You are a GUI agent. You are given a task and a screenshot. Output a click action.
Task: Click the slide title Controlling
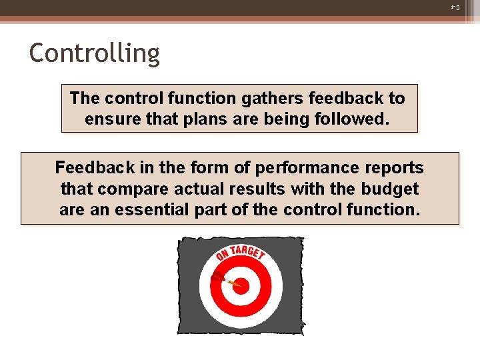[95, 53]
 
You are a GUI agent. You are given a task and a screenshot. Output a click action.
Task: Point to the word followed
[357, 119]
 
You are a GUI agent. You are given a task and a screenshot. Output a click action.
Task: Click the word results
[259, 188]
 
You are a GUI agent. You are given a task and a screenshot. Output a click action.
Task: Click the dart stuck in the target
[224, 280]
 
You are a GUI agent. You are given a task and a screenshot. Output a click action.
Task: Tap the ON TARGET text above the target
[240, 253]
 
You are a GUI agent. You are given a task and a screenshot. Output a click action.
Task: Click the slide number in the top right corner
[455, 7]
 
